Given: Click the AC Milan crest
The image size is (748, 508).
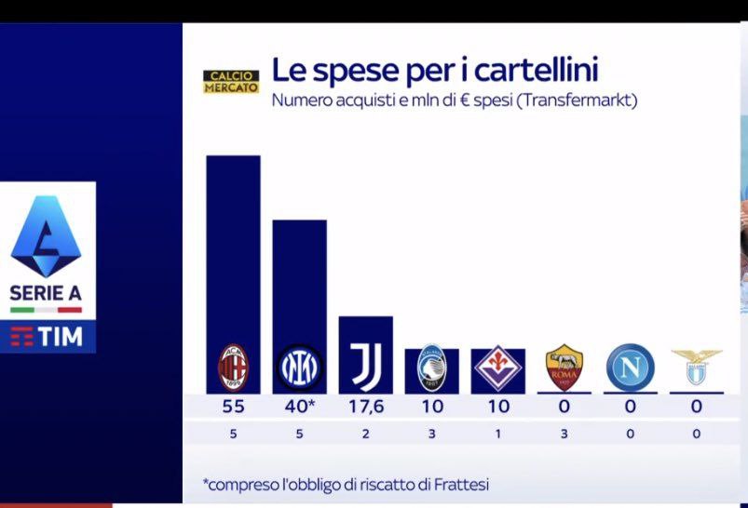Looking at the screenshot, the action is click(x=233, y=368).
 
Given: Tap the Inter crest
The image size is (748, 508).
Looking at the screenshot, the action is click(x=300, y=368).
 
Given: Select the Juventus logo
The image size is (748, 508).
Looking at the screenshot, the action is click(x=366, y=365).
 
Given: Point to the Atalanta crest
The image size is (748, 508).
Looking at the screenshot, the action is click(x=431, y=368).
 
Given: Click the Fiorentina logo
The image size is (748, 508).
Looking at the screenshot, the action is click(x=498, y=368).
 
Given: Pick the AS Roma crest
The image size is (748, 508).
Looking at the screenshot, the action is click(x=564, y=368).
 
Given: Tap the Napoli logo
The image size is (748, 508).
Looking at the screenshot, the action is click(x=631, y=368).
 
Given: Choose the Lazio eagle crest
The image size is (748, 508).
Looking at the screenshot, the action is click(x=697, y=367).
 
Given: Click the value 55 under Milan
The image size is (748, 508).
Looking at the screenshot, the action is click(x=233, y=407).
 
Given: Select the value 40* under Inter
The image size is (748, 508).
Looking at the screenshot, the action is click(x=300, y=406).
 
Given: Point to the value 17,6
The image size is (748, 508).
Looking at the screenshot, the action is click(x=366, y=407).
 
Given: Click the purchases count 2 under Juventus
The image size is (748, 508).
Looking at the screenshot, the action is click(x=365, y=434).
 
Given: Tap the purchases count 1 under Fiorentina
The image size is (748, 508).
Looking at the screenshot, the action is click(x=498, y=434).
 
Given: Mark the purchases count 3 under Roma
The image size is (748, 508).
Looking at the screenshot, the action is click(x=564, y=434).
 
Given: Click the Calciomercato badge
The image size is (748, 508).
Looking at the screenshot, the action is click(x=231, y=82).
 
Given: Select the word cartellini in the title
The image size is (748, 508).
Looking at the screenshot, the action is click(x=537, y=70).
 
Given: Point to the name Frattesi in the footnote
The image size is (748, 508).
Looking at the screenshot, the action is click(x=461, y=485).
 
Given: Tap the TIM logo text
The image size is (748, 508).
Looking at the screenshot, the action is click(x=61, y=337).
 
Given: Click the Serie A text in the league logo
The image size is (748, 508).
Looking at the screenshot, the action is click(x=46, y=293).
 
